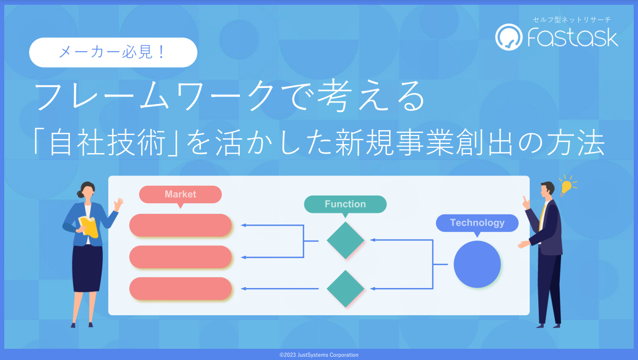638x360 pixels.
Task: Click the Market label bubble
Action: pyautogui.click(x=180, y=195)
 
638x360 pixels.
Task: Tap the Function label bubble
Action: pyautogui.click(x=345, y=204)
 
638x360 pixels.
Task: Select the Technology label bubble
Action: pyautogui.click(x=477, y=223)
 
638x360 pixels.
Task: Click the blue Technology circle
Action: pyautogui.click(x=477, y=265)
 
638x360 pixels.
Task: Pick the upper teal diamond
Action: pyautogui.click(x=345, y=241)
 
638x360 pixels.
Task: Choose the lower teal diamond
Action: pyautogui.click(x=345, y=289)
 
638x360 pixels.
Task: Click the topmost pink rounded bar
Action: pyautogui.click(x=180, y=225)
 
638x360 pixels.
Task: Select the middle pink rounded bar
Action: pyautogui.click(x=180, y=257)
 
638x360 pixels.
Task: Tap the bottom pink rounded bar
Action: pyautogui.click(x=180, y=289)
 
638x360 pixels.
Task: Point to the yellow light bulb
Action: pyautogui.click(x=566, y=187)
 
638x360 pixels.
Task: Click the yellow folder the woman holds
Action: pyautogui.click(x=89, y=227)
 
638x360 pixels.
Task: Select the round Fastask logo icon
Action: pyautogui.click(x=508, y=37)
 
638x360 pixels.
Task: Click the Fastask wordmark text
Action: pyautogui.click(x=572, y=37)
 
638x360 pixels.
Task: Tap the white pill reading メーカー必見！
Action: pyautogui.click(x=113, y=53)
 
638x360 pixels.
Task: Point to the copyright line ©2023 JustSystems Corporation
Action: pyautogui.click(x=319, y=355)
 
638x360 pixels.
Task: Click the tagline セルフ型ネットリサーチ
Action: pyautogui.click(x=572, y=20)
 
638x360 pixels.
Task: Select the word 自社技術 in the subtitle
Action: pyautogui.click(x=108, y=143)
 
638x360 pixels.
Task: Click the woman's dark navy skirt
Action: pyautogui.click(x=87, y=268)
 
